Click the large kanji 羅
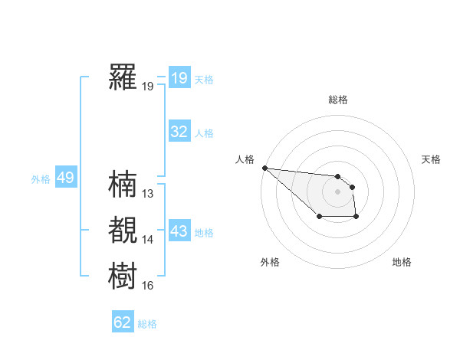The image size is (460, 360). [x=123, y=77]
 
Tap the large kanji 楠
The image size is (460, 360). [x=123, y=185]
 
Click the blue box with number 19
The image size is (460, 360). [x=179, y=78]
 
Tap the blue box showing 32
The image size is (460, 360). [x=179, y=132]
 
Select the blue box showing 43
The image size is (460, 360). [x=179, y=231]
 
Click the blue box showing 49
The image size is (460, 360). [x=65, y=178]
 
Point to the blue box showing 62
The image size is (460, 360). [x=123, y=322]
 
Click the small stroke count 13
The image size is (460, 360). [x=148, y=194]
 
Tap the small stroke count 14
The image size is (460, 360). [x=148, y=240]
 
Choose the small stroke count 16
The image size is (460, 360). [x=148, y=286]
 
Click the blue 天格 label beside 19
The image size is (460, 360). [x=204, y=80]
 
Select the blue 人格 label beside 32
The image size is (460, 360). [x=204, y=133]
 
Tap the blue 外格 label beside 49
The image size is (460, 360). [x=41, y=179]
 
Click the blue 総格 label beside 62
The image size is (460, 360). [x=147, y=324]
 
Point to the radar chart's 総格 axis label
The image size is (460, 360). [x=337, y=100]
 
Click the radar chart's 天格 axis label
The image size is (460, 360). [x=432, y=159]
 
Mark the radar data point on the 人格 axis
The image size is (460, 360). [x=264, y=167]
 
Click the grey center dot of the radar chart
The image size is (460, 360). [x=337, y=191]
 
